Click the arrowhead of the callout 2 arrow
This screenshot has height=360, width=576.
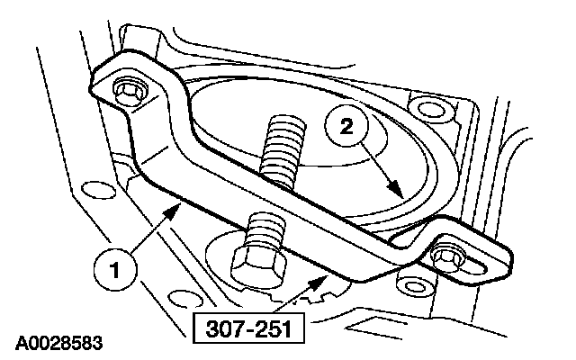pyautogui.click(x=400, y=197)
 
